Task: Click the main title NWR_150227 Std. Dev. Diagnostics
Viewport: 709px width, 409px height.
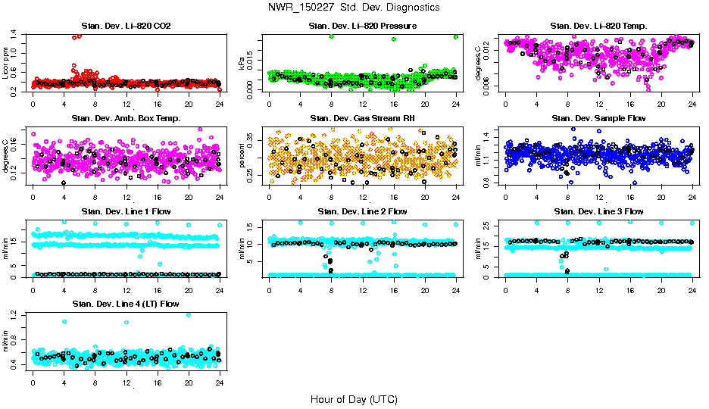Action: coord(354,7)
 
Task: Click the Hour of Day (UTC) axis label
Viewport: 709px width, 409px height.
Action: coord(354,399)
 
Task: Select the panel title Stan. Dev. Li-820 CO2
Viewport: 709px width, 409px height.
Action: coord(126,27)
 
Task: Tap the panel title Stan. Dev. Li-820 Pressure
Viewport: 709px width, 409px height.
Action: coord(363,27)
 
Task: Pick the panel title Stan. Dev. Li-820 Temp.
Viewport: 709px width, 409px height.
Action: coord(598,27)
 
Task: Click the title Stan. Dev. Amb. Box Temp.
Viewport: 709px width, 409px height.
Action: coord(126,119)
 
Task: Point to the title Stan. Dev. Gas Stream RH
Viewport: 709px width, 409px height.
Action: coord(363,119)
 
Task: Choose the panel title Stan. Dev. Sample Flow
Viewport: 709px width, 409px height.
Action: coord(598,119)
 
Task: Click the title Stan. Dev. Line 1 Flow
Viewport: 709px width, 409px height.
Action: coord(126,211)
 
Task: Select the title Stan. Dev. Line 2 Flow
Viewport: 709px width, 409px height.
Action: coord(363,211)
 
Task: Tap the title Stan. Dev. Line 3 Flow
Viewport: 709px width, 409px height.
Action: coord(598,211)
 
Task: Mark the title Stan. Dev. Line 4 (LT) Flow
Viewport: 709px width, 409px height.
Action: coord(126,304)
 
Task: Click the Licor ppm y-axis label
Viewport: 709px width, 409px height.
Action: coord(5,63)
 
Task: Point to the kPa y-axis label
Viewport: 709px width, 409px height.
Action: coord(242,63)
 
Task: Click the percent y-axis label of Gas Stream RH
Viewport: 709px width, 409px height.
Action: coord(242,155)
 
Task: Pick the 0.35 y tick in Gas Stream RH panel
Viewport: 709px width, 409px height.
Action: coord(252,141)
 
